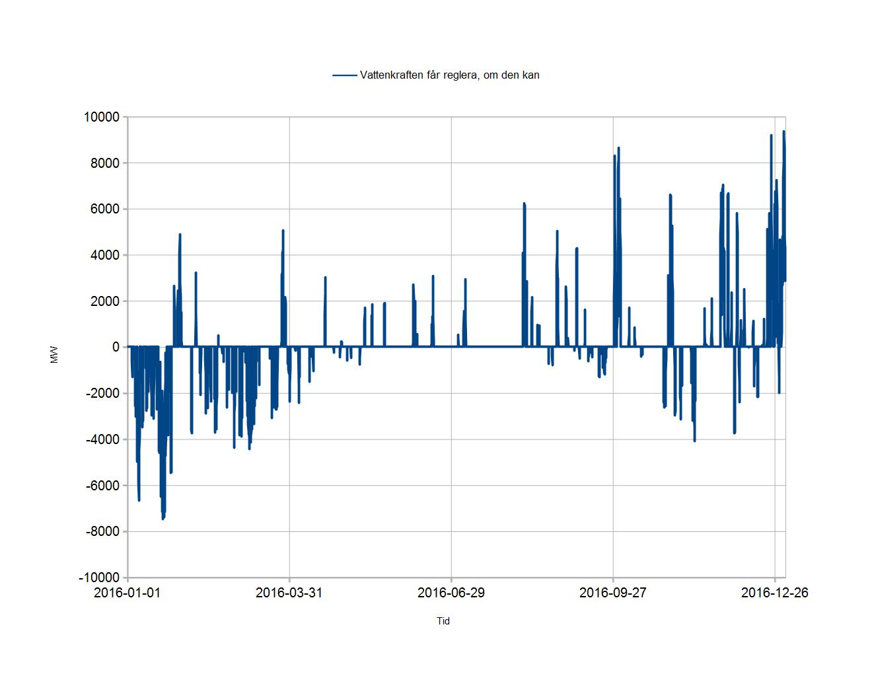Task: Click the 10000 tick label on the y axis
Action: [102, 117]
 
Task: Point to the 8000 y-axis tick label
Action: [105, 163]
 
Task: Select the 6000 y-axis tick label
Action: [105, 209]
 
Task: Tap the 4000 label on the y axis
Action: [105, 255]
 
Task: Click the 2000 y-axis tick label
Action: [105, 301]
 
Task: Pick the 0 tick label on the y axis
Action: [116, 347]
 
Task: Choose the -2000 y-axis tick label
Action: [103, 393]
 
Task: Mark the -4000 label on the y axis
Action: [103, 439]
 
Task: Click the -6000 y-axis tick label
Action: [103, 486]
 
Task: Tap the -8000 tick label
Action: [103, 531]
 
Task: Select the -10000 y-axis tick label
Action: [99, 578]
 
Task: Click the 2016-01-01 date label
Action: [127, 593]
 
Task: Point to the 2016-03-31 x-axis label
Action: [289, 593]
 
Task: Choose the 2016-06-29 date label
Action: [451, 593]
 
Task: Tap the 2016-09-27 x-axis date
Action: [613, 593]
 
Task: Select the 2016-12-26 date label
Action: [774, 593]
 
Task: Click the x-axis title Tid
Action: [443, 621]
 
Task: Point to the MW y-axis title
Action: [54, 355]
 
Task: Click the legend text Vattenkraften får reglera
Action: [419, 75]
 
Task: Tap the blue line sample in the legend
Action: [345, 75]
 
